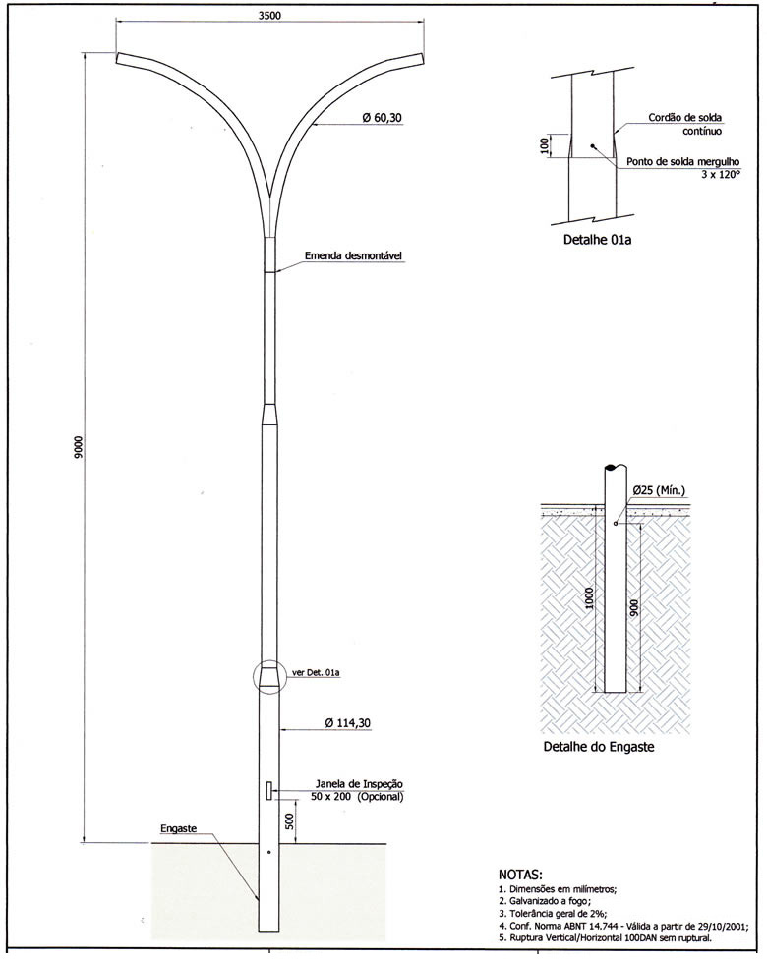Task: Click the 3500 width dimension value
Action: coord(269,16)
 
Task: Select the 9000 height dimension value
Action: coord(79,448)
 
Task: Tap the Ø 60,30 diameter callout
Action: coord(382,117)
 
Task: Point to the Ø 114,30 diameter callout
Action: coord(347,723)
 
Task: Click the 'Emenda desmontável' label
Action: coord(353,255)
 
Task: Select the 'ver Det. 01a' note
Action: coord(317,673)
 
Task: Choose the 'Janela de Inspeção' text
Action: coord(359,784)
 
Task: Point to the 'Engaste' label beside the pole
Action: coord(178,828)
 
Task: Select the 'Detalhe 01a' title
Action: coord(597,240)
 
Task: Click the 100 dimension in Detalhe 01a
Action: coord(543,145)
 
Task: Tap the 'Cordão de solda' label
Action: coord(684,117)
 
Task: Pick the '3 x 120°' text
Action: coord(721,175)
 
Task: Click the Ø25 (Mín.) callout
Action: coord(659,491)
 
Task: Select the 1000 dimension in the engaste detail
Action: coord(589,598)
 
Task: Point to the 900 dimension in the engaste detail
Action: coord(634,606)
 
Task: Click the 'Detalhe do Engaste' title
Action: coord(599,747)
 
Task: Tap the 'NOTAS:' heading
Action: coord(520,874)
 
